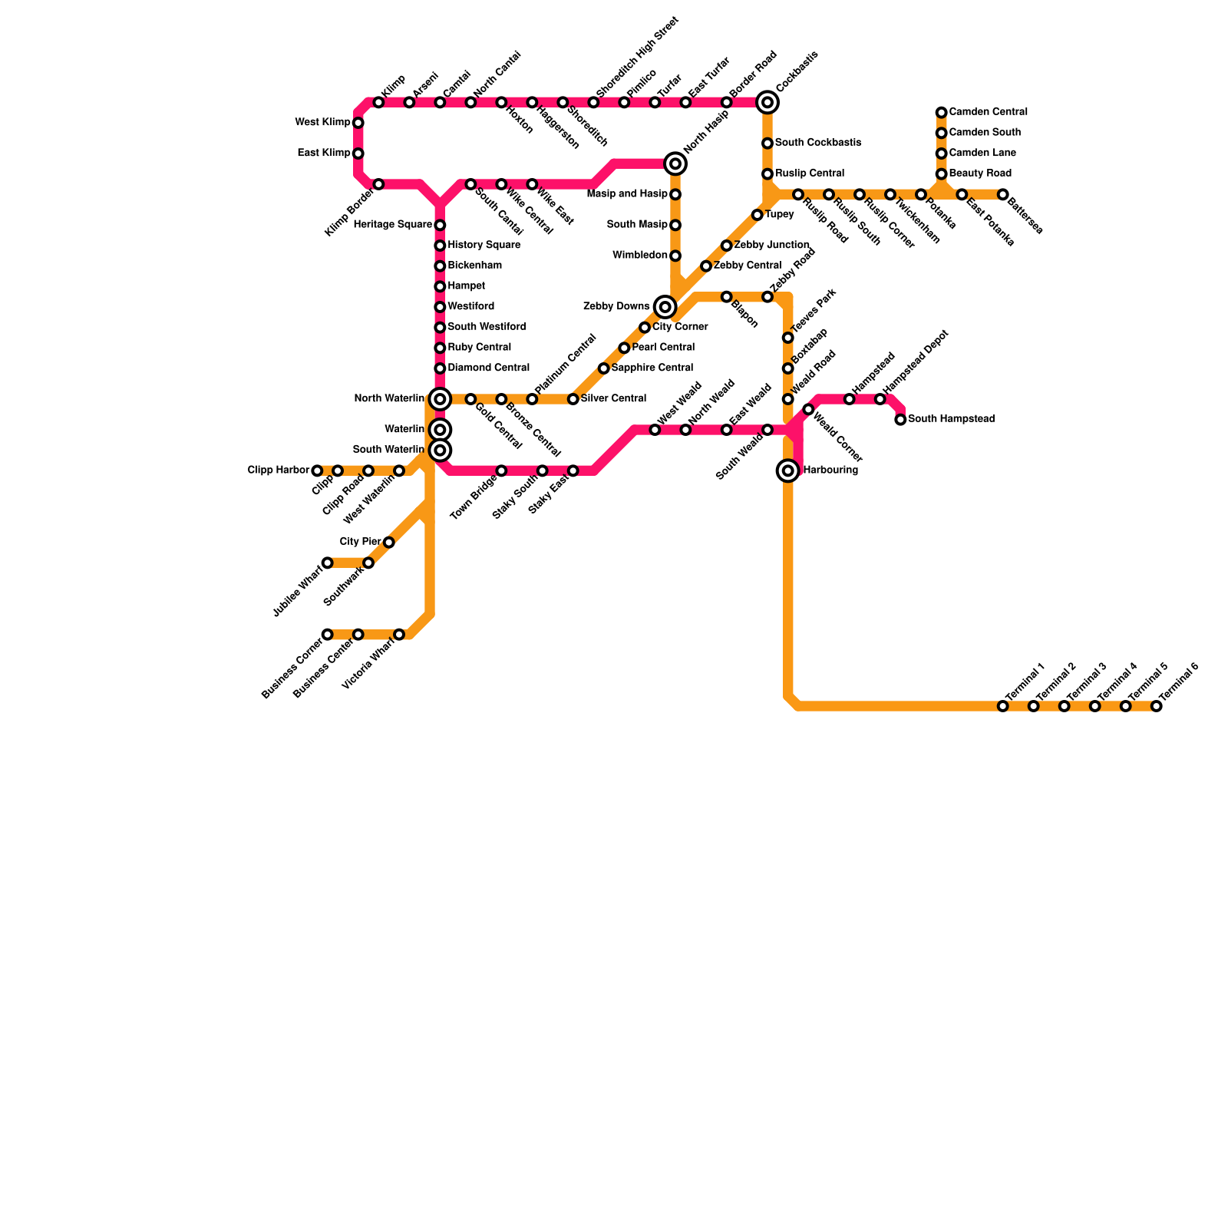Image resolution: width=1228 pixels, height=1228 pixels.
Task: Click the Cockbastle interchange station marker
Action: coord(767,102)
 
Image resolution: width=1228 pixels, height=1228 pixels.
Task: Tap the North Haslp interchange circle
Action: coord(675,163)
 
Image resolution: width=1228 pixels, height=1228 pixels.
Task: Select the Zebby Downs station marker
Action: coord(665,307)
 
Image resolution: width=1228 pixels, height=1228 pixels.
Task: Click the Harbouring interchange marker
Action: coord(787,470)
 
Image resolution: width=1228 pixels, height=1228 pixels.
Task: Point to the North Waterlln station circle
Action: coord(440,398)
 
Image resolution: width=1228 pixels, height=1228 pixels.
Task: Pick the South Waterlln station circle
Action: coord(440,450)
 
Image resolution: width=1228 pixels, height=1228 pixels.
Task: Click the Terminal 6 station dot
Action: coord(1156,706)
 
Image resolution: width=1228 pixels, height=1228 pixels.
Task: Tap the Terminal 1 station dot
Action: coord(1002,706)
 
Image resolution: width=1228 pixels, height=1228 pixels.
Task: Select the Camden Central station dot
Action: coord(941,113)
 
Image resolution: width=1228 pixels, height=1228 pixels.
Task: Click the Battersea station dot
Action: coord(1002,194)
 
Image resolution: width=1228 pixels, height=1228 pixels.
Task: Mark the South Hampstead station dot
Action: coord(900,419)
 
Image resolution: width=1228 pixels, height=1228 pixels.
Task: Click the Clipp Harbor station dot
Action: coord(317,470)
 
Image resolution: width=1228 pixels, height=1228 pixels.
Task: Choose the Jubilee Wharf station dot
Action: coord(328,563)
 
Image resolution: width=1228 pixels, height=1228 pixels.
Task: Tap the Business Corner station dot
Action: coord(328,634)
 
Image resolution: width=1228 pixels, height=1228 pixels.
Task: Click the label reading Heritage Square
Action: coord(393,225)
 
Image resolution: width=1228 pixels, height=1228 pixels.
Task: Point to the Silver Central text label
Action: coord(613,399)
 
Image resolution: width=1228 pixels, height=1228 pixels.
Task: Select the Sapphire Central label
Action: coord(652,368)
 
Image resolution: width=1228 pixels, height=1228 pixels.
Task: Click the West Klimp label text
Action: coord(322,123)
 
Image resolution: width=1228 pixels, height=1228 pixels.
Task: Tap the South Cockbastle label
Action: coord(817,144)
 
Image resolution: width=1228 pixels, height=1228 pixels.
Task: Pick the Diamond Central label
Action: coord(488,368)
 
